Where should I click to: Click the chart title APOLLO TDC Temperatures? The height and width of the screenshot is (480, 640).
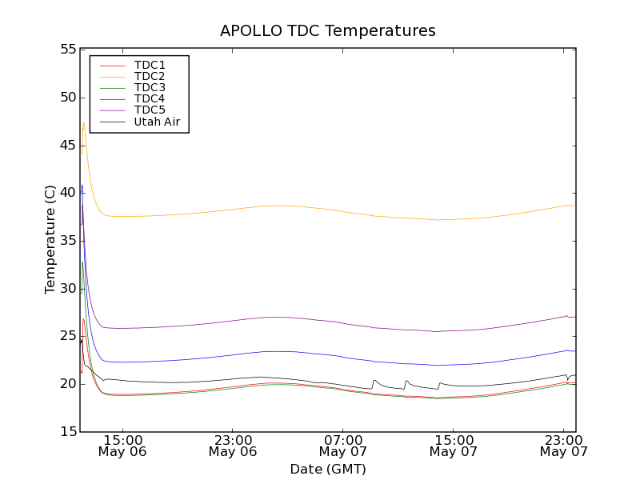coord(328,31)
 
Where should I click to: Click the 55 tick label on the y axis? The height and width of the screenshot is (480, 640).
coord(67,50)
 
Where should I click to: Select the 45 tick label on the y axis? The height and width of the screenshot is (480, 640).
coord(67,146)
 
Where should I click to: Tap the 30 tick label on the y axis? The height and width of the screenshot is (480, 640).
coord(67,289)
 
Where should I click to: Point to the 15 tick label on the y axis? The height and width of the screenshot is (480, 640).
coord(67,432)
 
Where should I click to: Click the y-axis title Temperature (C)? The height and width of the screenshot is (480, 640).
coord(50,240)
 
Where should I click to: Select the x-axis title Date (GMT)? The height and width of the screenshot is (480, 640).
coord(328,469)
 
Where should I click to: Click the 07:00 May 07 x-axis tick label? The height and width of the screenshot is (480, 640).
coord(342,446)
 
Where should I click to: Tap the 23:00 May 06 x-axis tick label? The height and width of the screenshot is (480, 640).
coord(233,446)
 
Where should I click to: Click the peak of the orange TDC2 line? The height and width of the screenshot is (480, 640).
coord(83,122)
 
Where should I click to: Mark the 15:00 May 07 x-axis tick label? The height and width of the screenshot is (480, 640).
coord(453,446)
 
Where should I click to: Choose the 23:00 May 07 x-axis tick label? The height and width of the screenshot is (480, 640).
coord(563,446)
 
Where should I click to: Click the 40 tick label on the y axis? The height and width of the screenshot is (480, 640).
coord(67,193)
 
